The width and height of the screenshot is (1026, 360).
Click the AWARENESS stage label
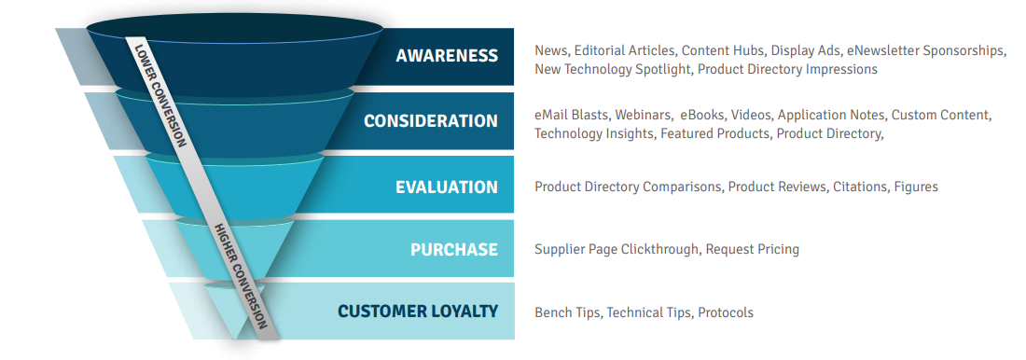447,56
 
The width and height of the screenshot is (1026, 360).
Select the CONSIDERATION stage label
431,121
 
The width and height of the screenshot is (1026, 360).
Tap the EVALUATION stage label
447,187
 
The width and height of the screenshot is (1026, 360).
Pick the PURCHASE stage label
454,250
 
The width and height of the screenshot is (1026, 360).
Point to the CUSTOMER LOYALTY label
418,312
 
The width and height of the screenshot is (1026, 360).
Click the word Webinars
643,116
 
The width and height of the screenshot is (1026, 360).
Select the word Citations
860,187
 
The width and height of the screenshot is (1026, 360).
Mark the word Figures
916,187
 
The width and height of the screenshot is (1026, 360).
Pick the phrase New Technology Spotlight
611,69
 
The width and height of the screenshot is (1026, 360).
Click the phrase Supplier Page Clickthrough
617,250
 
